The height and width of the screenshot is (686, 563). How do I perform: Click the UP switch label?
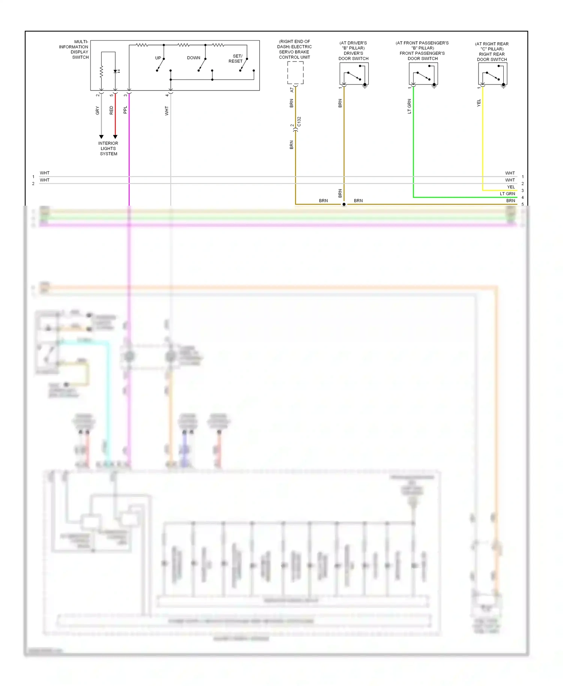158,58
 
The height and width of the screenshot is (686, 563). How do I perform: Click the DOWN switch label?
194,58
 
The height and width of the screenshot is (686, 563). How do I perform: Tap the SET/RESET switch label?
236,59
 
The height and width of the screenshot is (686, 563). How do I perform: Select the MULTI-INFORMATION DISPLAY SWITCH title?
74,50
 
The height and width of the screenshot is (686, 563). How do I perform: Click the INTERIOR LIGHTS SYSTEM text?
108,149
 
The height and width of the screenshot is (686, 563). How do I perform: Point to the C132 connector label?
299,122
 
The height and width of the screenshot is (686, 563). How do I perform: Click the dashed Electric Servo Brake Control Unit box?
295,73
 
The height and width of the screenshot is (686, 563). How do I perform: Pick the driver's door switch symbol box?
354,74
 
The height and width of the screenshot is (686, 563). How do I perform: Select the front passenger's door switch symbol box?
423,74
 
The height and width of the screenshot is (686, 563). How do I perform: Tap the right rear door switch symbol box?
492,74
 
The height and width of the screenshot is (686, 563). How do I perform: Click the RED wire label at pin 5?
111,110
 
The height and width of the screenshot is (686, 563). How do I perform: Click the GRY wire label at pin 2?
98,110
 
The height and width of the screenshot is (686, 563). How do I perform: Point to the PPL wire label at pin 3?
125,110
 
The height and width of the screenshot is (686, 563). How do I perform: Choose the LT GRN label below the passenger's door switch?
409,106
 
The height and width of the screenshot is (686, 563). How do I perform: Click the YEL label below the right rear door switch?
479,103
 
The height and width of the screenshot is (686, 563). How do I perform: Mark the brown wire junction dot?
344,204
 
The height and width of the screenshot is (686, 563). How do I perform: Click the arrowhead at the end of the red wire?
115,137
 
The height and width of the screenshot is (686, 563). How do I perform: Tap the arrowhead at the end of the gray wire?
101,137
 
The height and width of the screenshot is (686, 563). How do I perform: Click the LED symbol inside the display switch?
116,71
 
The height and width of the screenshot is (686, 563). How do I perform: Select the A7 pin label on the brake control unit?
292,90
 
